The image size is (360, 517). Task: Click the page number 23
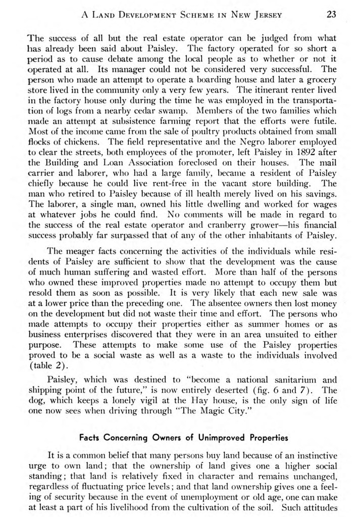[331, 14]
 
